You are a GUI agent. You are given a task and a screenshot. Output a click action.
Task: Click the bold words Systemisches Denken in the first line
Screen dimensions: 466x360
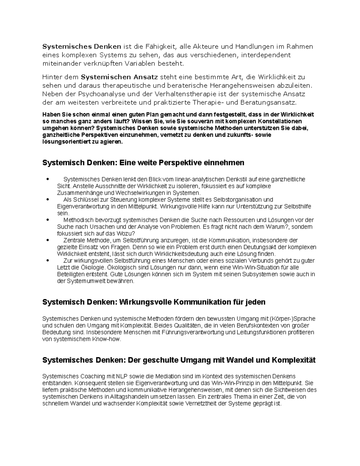click(82, 47)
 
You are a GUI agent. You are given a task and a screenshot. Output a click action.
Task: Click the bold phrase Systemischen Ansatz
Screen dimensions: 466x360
click(119, 77)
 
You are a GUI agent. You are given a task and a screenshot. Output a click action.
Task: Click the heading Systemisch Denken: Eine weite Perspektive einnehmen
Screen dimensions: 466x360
click(143, 163)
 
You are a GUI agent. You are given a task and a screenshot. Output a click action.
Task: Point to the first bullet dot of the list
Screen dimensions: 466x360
click(47, 179)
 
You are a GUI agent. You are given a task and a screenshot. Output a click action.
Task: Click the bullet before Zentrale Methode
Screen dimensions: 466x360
click(47, 240)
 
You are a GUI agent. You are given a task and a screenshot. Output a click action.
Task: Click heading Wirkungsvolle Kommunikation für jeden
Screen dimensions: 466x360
click(192, 302)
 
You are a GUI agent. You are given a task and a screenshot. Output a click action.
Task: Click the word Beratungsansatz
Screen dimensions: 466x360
click(268, 103)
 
